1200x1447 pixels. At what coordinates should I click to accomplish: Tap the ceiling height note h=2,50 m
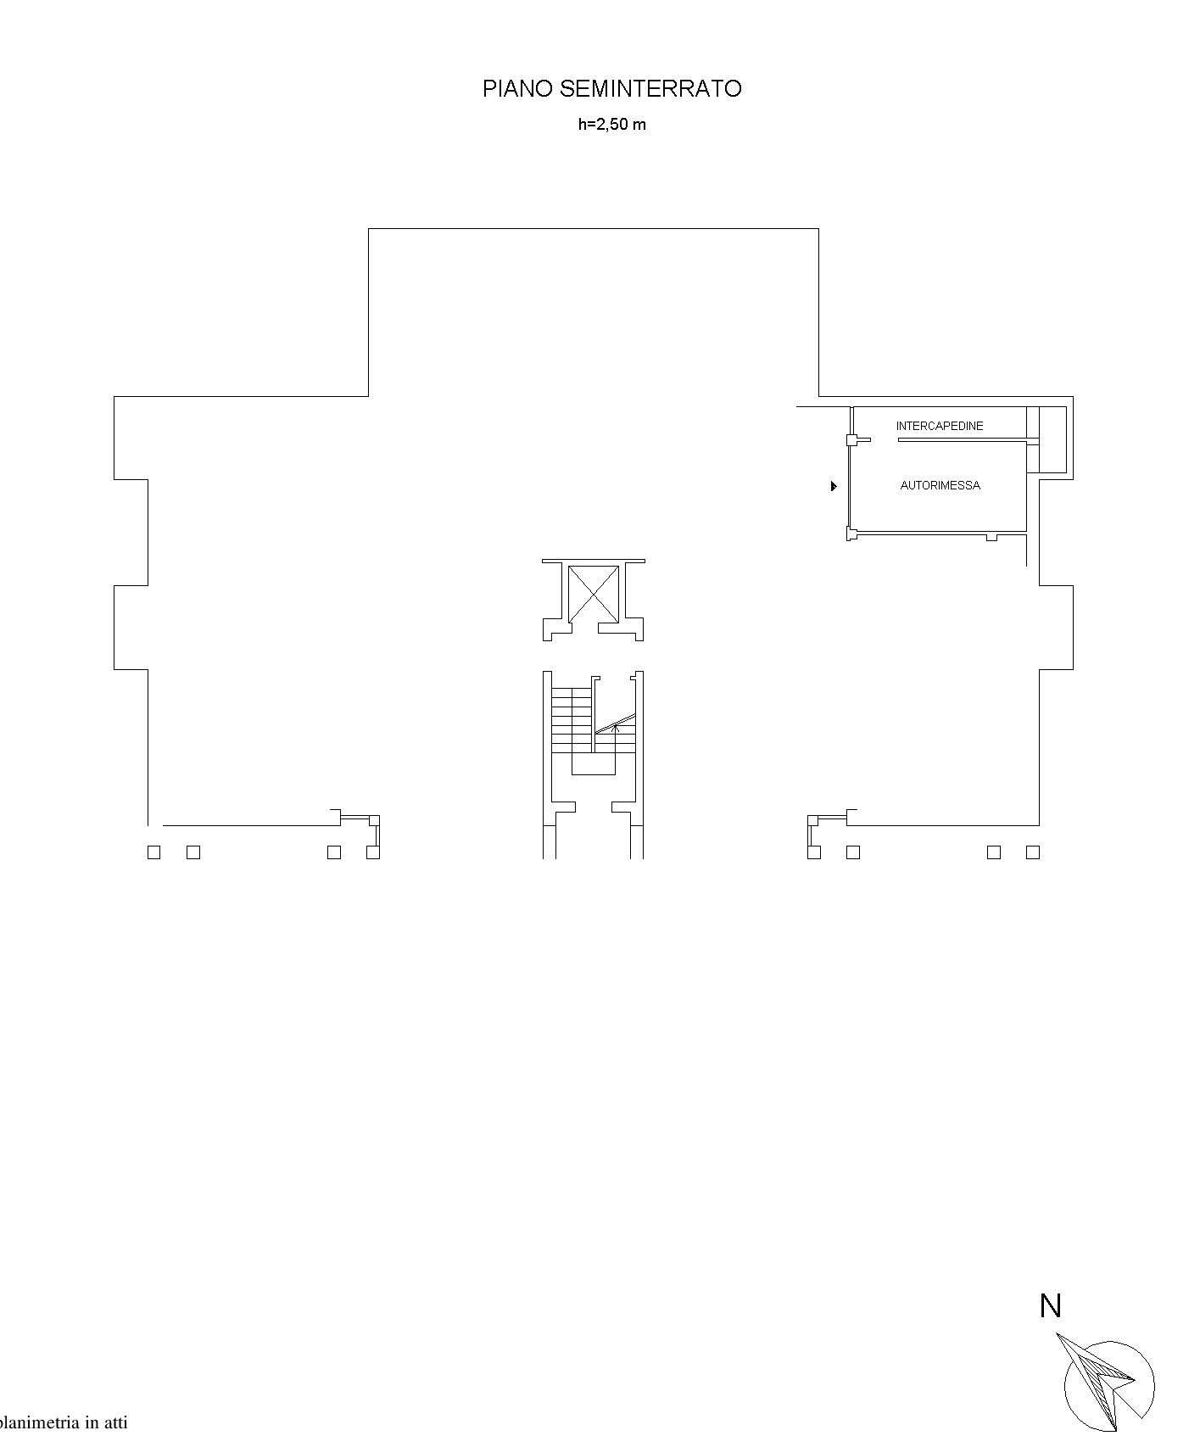[x=612, y=124]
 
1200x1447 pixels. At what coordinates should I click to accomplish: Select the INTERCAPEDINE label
[x=940, y=426]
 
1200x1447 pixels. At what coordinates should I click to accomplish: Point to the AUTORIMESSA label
[x=940, y=485]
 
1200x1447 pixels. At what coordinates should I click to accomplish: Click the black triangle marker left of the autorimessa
[x=834, y=486]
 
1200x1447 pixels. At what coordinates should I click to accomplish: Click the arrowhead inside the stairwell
[x=617, y=726]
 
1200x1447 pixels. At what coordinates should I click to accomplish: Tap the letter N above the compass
[x=1051, y=1305]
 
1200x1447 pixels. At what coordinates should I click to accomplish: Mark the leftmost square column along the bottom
[x=153, y=852]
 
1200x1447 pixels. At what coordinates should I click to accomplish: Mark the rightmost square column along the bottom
[x=1033, y=852]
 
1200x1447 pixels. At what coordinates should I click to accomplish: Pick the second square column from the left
[x=193, y=852]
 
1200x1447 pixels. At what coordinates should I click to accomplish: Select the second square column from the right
[x=994, y=852]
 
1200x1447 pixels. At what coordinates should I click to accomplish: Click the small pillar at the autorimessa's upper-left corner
[x=851, y=440]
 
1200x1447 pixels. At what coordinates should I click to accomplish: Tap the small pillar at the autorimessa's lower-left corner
[x=851, y=534]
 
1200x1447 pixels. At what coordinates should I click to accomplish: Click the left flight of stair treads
[x=572, y=719]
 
